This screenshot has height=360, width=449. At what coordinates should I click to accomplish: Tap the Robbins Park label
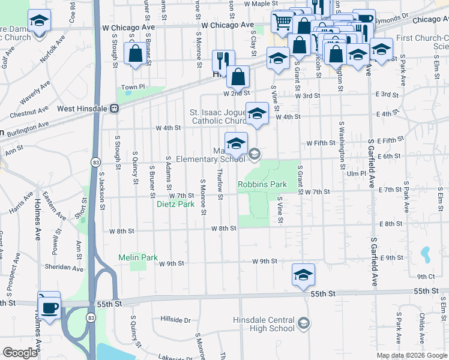262,184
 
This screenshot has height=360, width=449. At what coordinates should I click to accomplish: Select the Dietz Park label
175,204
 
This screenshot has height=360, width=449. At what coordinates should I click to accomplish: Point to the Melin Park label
137,257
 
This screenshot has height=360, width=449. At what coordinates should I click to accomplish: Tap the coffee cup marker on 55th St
49,307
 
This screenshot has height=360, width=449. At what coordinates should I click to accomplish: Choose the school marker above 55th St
303,275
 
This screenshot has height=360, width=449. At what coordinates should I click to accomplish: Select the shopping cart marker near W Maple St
282,22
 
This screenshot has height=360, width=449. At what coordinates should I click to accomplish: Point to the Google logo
20,353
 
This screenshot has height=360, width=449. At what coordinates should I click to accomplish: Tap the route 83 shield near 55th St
92,319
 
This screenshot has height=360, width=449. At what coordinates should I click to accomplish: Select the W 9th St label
264,261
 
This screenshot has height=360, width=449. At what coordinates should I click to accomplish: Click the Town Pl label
133,87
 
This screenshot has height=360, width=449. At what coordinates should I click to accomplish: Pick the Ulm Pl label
356,173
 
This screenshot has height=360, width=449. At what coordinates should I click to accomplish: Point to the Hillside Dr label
175,320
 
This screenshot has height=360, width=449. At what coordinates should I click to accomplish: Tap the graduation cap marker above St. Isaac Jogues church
257,113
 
